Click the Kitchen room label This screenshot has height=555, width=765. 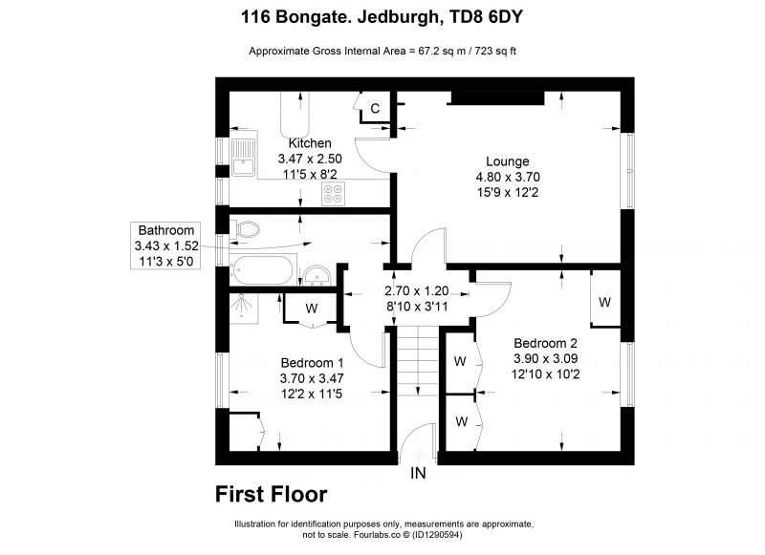coord(310,143)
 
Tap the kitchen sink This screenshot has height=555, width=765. coord(243,157)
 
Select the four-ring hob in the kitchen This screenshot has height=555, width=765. coord(333,194)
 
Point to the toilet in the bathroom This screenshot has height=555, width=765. coord(247,228)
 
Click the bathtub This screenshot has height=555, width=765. coord(263,269)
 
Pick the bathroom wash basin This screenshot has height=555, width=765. coord(317,275)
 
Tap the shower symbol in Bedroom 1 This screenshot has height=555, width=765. coord(243,306)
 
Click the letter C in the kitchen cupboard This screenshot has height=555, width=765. coord(375,108)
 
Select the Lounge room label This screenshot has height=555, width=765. coord(508,161)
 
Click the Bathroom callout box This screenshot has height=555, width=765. coord(165,245)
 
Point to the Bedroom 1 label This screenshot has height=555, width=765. coord(313,363)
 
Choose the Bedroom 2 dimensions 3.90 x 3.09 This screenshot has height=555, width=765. coord(545,358)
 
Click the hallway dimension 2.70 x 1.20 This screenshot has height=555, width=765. coord(417,291)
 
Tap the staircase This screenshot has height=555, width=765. coord(418,361)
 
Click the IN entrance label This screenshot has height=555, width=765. coord(418,473)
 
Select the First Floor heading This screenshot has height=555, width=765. coord(272,494)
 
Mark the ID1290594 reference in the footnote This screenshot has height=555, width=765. coord(437,535)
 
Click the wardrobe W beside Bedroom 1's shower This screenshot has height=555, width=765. coord(312,308)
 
